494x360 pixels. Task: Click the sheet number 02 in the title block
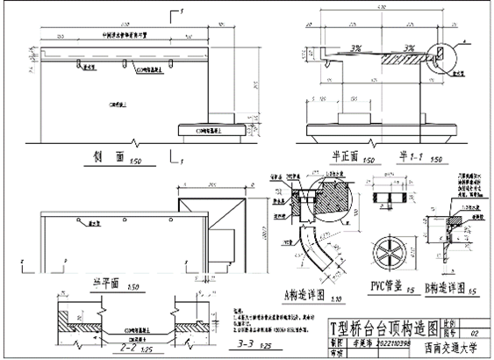(475, 335)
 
